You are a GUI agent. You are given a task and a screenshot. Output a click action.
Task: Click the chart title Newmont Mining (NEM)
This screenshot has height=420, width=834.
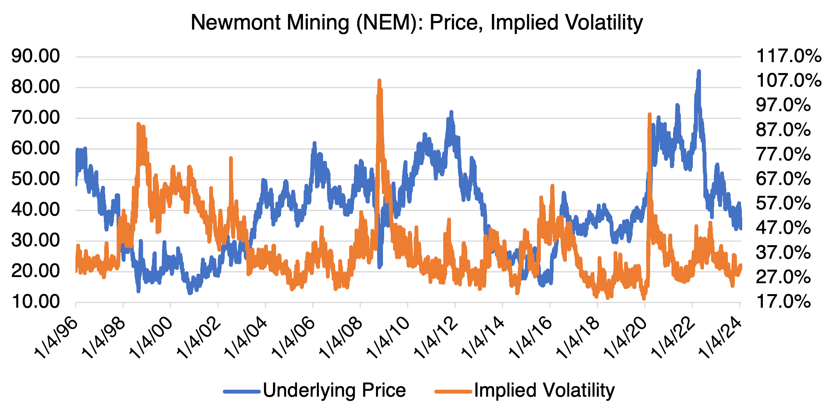(416, 23)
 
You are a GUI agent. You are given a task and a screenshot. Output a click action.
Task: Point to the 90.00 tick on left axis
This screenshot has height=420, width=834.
(36, 56)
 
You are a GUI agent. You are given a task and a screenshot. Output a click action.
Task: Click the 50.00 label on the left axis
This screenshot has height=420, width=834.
(36, 179)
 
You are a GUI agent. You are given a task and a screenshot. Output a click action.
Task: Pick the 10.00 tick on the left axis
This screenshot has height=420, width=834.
(36, 302)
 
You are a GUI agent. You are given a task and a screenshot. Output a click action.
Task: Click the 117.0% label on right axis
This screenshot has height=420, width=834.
(789, 56)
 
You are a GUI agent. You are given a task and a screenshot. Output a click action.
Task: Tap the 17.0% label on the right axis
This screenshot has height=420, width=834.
(783, 302)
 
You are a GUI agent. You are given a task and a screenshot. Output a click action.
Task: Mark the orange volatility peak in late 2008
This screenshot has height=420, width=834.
(379, 81)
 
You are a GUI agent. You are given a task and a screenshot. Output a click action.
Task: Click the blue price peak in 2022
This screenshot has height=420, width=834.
(699, 71)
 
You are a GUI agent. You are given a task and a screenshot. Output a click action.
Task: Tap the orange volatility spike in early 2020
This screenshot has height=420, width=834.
(649, 114)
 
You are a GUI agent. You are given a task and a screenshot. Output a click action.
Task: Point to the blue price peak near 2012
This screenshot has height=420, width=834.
(451, 112)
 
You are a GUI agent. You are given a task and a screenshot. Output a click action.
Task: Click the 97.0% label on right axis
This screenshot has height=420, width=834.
(783, 105)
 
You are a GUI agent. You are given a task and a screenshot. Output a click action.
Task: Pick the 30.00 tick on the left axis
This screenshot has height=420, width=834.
(36, 240)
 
